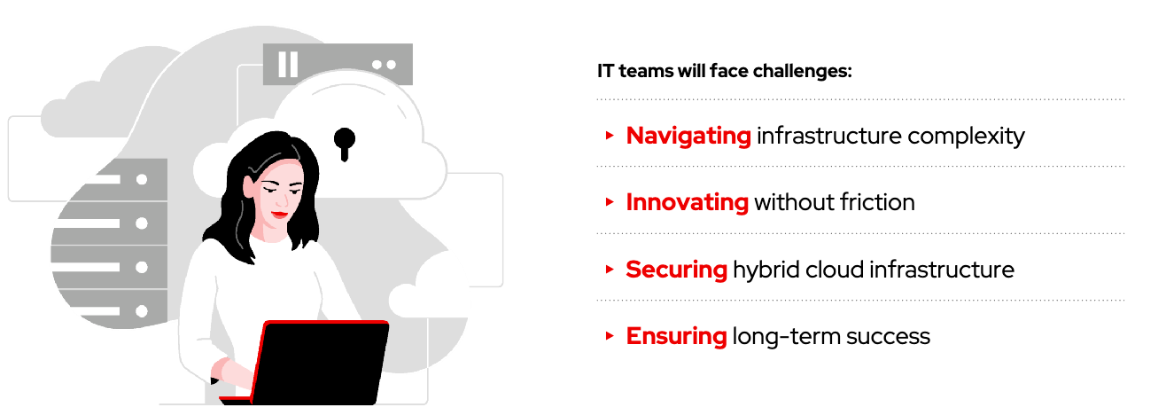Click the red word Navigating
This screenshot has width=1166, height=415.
(x=688, y=137)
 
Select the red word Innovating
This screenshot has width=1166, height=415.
(x=688, y=202)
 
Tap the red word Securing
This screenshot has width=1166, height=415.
(x=676, y=270)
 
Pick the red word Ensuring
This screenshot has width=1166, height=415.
(x=676, y=336)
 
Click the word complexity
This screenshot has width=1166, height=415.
(x=966, y=137)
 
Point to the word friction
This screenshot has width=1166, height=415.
(x=877, y=202)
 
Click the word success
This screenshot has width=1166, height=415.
(x=888, y=337)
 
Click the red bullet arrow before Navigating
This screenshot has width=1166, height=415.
(x=610, y=136)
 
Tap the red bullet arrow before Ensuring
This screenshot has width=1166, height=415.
(x=610, y=336)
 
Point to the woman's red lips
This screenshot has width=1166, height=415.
(x=280, y=214)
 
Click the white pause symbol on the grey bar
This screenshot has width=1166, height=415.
(x=288, y=65)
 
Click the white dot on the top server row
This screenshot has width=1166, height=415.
(x=142, y=180)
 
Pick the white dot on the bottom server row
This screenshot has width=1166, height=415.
(x=142, y=311)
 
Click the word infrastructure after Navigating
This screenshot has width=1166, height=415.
(x=829, y=136)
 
